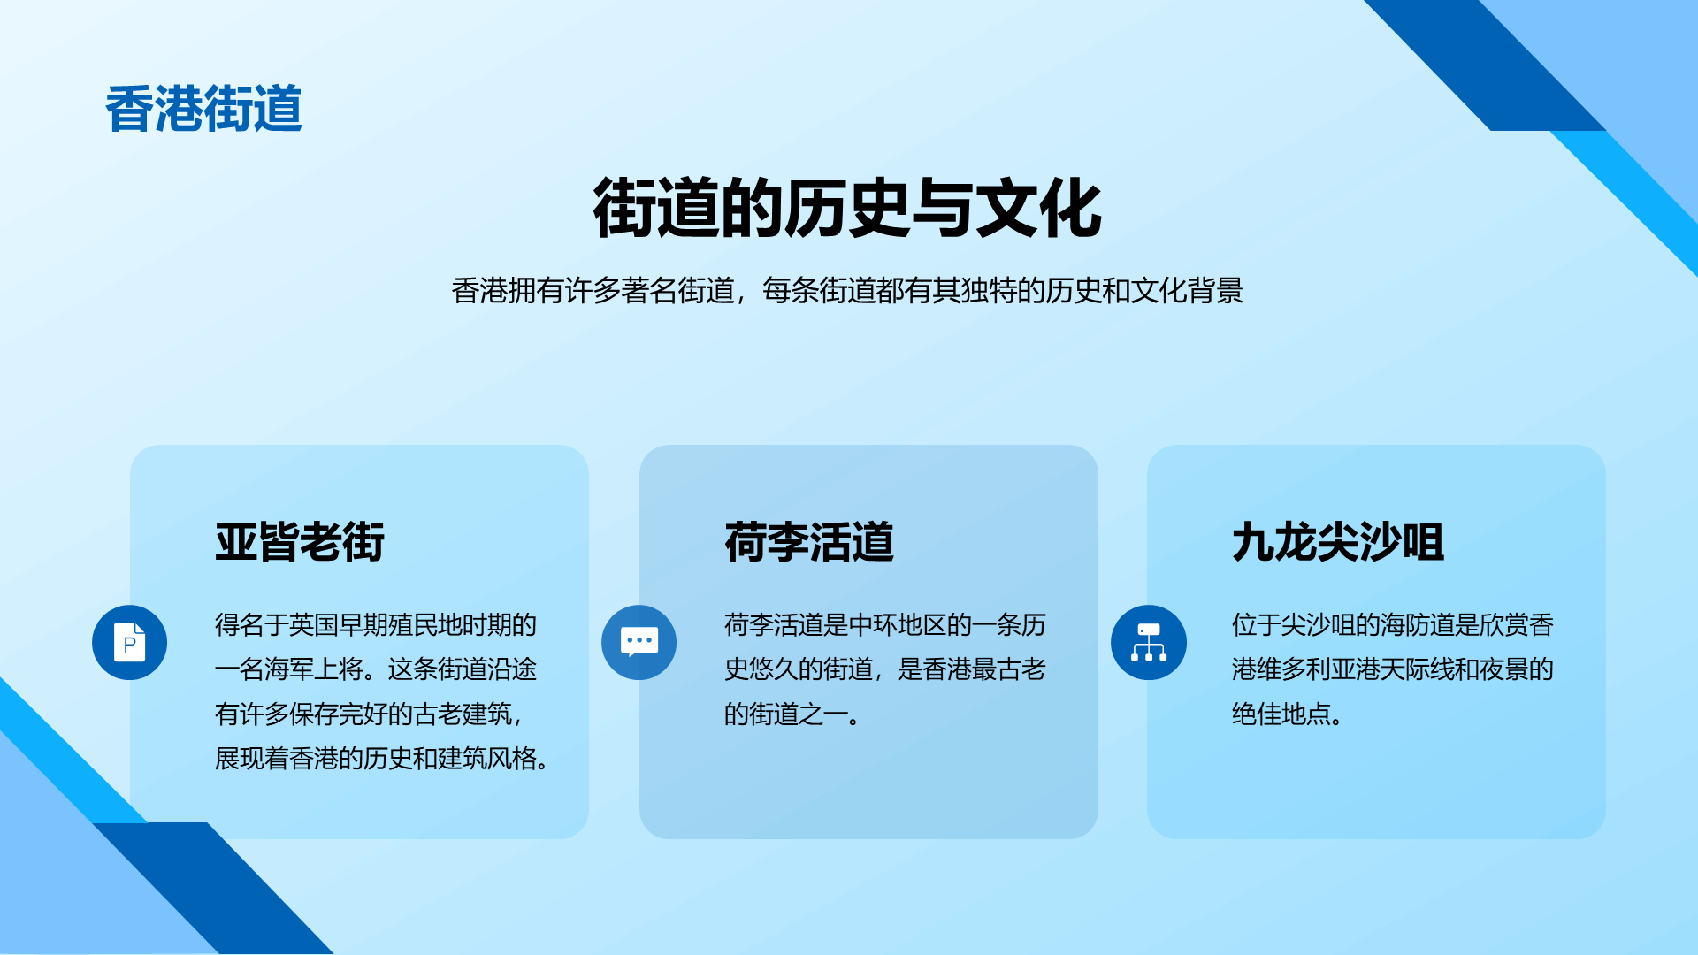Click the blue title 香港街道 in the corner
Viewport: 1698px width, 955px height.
coord(203,109)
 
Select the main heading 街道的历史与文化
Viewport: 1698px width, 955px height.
coord(847,209)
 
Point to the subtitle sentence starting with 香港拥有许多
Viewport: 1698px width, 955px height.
coord(847,290)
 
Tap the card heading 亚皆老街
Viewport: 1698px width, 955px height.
coord(300,541)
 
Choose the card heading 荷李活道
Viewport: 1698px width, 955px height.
coord(809,541)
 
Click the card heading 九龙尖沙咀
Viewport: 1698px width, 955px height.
coord(1338,541)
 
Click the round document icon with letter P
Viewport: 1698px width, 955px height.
coord(129,642)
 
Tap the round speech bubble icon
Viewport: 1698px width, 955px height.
coord(639,642)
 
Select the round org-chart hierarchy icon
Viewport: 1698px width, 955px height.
coord(1148,642)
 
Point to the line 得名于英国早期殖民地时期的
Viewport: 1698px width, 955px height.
coord(376,624)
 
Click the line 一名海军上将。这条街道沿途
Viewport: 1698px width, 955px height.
coord(376,668)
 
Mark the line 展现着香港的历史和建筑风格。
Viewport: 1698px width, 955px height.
coord(383,758)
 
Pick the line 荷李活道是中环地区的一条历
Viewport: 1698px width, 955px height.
coord(885,624)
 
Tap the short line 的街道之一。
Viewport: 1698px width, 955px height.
coord(793,714)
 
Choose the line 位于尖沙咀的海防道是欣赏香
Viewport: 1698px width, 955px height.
coord(1393,624)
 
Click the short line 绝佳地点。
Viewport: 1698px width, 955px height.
coord(1289,714)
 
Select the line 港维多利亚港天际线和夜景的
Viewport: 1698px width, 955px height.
coord(1393,668)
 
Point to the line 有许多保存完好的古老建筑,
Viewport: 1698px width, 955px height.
coord(369,714)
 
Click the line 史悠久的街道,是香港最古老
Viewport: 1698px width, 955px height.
coord(885,668)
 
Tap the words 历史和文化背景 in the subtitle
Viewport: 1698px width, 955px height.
coord(1145,290)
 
